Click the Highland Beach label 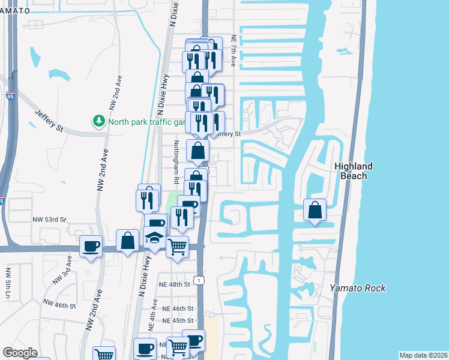point(354,171)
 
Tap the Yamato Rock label point(357,288)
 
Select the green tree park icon point(98,121)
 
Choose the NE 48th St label point(174,284)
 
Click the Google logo point(20,353)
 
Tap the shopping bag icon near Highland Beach point(315,210)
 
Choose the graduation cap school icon point(155,238)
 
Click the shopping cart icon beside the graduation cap point(177,246)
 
